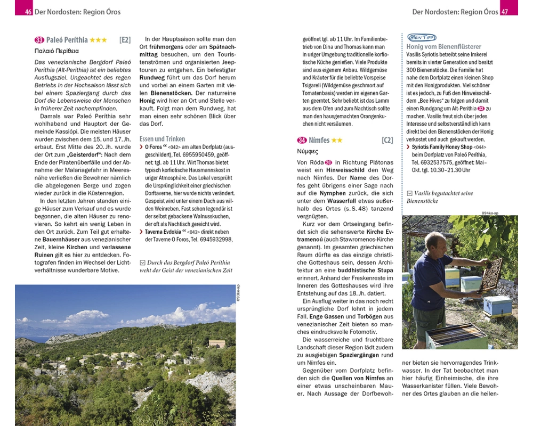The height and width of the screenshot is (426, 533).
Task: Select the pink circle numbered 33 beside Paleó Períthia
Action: click(x=39, y=40)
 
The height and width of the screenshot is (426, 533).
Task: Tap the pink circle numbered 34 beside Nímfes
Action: click(x=302, y=140)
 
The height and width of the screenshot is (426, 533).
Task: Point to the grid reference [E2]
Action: click(x=125, y=40)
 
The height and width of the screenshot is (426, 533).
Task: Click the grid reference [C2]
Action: click(x=387, y=140)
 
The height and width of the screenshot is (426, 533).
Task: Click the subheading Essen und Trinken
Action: click(x=162, y=138)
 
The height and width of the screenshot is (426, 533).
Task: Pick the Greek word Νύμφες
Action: click(x=308, y=151)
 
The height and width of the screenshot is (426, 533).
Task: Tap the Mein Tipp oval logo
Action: click(x=421, y=37)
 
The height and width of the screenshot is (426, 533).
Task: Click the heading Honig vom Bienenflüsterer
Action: click(x=443, y=47)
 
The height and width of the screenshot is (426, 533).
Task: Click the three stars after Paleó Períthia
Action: click(x=98, y=40)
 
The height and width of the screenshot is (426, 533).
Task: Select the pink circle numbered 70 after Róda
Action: click(x=328, y=162)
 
